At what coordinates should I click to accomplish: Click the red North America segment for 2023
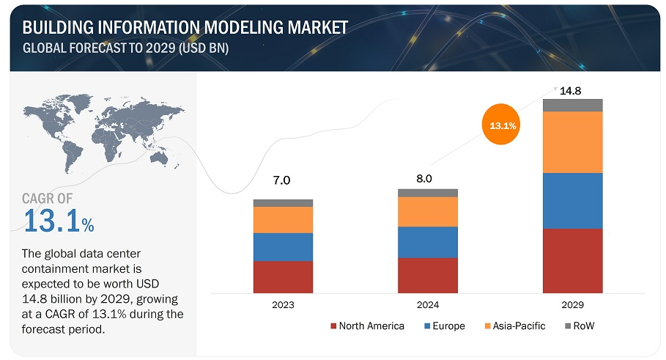(x=283, y=276)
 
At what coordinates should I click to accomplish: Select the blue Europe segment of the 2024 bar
(x=428, y=242)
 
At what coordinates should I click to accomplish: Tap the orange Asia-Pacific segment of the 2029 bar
(x=572, y=142)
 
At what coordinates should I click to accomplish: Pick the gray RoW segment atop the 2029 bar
(x=572, y=105)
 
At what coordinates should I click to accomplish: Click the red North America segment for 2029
(x=572, y=260)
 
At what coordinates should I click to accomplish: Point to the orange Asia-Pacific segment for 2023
(x=283, y=220)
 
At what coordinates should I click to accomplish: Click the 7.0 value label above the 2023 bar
(x=281, y=180)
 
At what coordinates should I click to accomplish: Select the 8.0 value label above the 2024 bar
(x=424, y=178)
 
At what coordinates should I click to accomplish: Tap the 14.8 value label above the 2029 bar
(x=571, y=90)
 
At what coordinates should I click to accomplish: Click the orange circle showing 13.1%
(x=502, y=124)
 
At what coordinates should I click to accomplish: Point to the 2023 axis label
(x=283, y=305)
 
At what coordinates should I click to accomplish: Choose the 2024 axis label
(x=428, y=305)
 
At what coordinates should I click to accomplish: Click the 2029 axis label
(x=572, y=305)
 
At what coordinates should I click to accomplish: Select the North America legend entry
(x=367, y=326)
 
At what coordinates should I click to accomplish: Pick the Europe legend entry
(x=445, y=326)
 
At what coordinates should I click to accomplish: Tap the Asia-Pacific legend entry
(x=515, y=326)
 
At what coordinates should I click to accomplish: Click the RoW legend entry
(x=580, y=326)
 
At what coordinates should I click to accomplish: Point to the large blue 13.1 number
(x=52, y=221)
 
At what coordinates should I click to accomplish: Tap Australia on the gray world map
(x=159, y=158)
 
